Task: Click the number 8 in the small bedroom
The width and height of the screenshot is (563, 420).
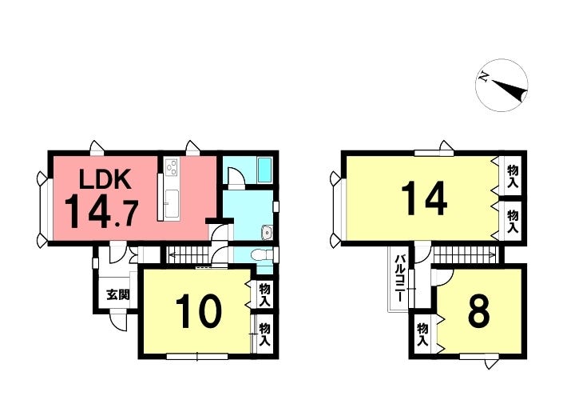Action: (478, 312)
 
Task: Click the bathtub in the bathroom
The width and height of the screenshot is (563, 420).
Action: (265, 170)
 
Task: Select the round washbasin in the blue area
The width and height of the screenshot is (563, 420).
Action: (266, 234)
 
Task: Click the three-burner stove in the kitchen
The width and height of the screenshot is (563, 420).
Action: (171, 167)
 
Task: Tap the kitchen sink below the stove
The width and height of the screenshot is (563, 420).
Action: (170, 202)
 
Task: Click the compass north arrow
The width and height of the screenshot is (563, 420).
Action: (502, 84)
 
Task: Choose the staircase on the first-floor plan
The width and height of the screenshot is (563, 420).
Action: (190, 255)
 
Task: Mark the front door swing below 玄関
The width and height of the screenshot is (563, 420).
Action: (118, 322)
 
